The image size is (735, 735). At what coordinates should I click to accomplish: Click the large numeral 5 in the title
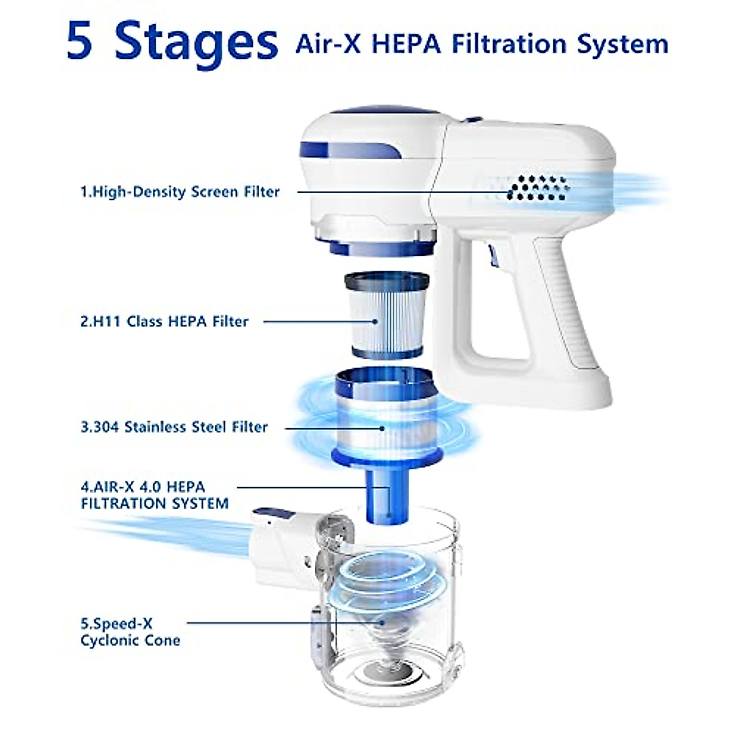coord(80,40)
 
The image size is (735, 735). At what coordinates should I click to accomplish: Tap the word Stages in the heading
coord(196,45)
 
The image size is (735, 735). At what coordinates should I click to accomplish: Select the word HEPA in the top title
coord(406,44)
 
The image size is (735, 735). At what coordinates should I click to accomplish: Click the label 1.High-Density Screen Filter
coord(180,192)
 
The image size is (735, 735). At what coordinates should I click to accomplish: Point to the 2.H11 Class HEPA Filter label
coord(164,321)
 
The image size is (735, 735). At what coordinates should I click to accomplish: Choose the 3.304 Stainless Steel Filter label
coord(174,427)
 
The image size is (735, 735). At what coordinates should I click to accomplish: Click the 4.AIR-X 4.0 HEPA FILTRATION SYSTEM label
coord(154,495)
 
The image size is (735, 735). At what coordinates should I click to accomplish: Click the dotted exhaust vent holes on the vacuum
coord(538,188)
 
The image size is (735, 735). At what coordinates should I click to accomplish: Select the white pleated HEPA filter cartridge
coord(386,315)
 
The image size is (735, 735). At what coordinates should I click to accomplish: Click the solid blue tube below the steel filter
coord(386,496)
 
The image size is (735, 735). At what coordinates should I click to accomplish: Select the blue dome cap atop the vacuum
coord(385,110)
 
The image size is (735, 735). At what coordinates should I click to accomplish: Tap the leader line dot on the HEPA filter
coord(375,322)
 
